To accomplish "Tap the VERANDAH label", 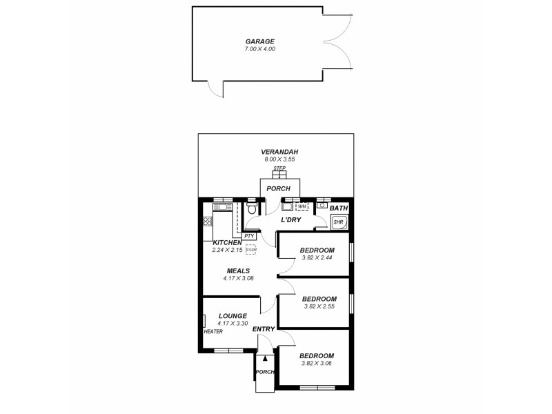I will coord(279,152).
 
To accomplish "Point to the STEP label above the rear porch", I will coord(279,168).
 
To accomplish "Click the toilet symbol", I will coord(253,208).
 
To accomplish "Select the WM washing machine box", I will coord(302,206).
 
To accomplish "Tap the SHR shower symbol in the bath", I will coord(339,222).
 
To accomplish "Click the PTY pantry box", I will coord(249,236).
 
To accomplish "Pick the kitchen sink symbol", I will coord(222,207).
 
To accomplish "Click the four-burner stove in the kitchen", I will coord(208,221).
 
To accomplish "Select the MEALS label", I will coord(238,270).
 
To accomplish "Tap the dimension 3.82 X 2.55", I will coord(318,306).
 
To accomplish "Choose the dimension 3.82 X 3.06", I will coord(317,363).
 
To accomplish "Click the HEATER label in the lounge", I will coord(213,332).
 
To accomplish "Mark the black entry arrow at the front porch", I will coord(265,358).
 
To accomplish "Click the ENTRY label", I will coord(264,329).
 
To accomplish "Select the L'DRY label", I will coord(291,219).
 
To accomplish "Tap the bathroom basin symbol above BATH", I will coord(322,206).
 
